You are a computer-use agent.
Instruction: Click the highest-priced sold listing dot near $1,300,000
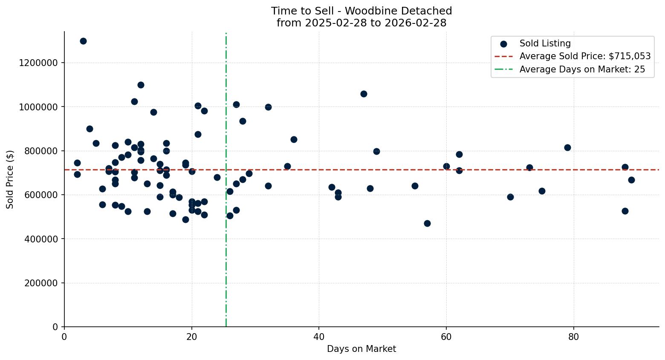[83, 41]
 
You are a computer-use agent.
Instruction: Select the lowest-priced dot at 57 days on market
[427, 223]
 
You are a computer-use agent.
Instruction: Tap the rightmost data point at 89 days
[631, 180]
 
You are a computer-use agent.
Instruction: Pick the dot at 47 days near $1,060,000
[364, 94]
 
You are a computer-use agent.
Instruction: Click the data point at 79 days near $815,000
[567, 147]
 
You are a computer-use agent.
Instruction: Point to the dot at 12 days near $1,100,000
[141, 85]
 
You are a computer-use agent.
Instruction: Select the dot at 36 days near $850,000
[294, 139]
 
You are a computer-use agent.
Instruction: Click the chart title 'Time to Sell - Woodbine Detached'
[361, 11]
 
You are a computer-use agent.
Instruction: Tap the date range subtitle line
[361, 23]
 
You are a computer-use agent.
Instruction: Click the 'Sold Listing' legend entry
[545, 43]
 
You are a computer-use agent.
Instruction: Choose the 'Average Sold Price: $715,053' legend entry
[584, 56]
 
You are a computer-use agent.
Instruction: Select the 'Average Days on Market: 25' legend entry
[582, 69]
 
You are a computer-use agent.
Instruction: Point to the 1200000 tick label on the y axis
[38, 63]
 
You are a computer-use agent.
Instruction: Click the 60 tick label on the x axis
[446, 337]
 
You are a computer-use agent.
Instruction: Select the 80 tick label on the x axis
[574, 337]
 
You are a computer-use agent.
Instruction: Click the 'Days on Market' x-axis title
[361, 349]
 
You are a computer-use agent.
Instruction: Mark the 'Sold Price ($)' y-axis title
[10, 179]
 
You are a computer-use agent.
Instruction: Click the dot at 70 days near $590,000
[510, 197]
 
